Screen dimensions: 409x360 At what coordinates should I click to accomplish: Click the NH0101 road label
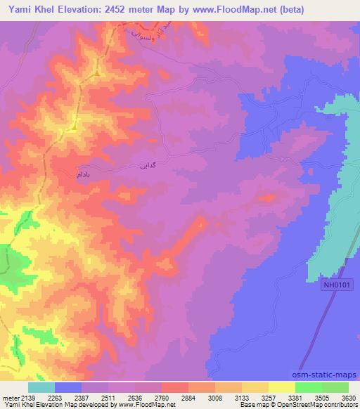pyautogui.click(x=339, y=285)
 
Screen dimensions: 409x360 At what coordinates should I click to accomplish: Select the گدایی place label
pyautogui.click(x=141, y=167)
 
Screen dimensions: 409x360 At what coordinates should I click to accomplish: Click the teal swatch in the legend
pyautogui.click(x=41, y=387)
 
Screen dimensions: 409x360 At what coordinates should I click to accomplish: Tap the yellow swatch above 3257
pyautogui.click(x=281, y=387)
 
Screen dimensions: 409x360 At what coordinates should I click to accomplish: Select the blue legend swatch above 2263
pyautogui.click(x=68, y=387)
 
